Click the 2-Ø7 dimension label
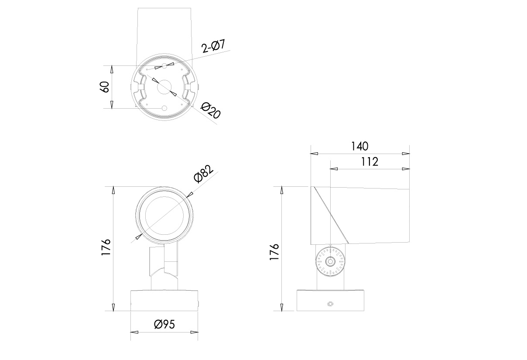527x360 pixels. [213, 46]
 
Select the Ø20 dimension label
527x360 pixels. [211, 111]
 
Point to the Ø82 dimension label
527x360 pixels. [203, 173]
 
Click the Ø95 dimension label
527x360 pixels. [164, 324]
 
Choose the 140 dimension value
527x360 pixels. [360, 146]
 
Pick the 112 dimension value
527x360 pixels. [369, 161]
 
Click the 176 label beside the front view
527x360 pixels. [106, 248]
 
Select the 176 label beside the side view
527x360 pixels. [274, 252]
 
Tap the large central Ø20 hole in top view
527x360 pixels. [164, 86]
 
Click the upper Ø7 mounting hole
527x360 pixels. [164, 65]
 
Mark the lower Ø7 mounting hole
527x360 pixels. [164, 108]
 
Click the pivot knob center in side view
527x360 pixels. [330, 262]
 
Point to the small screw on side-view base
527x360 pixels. [330, 304]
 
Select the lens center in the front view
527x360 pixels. [164, 214]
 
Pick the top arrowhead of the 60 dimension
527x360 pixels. [112, 69]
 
